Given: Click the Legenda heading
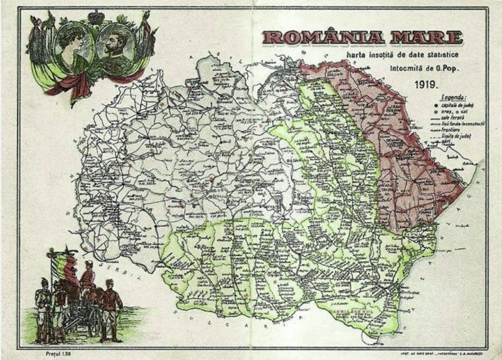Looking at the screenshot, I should coord(453,98).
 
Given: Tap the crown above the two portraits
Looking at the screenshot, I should coord(95,17).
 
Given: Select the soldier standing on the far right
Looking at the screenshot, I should coord(110,307).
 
